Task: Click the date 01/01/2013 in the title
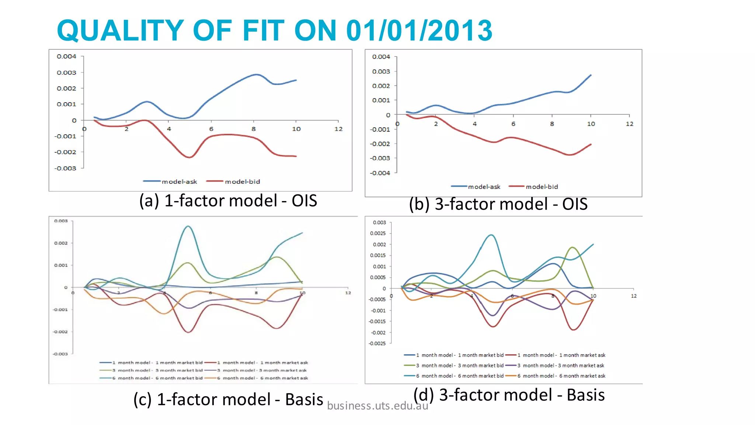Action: pos(419,30)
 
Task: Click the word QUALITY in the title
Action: pos(120,30)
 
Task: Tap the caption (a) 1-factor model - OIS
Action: pos(228,201)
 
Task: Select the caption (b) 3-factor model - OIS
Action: pos(498,204)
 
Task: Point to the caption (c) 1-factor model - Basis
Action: pos(228,400)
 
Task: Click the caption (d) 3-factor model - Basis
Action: pos(509,395)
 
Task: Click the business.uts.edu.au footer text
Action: pos(377,406)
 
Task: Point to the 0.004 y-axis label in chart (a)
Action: pos(66,56)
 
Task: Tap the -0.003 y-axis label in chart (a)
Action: pos(65,168)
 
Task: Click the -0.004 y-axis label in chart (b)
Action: pos(380,173)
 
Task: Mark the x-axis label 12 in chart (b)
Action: pos(629,124)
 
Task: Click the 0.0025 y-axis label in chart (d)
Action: pos(378,233)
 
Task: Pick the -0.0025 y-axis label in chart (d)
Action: pos(377,343)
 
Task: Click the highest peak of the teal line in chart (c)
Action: pos(188,226)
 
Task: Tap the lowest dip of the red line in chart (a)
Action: pos(189,157)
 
